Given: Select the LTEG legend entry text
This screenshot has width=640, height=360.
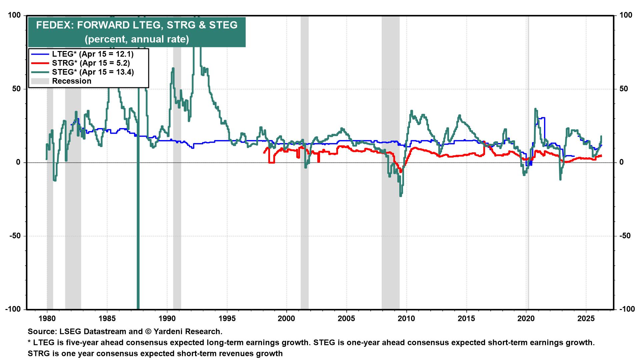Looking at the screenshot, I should click(x=93, y=54).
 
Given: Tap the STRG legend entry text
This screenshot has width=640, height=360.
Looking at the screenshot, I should click(x=91, y=63).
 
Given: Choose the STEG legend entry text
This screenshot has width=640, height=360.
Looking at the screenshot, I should click(x=93, y=72).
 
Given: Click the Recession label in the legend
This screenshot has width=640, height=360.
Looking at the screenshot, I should click(x=71, y=81).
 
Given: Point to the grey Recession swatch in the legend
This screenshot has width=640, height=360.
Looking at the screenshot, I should click(x=40, y=81).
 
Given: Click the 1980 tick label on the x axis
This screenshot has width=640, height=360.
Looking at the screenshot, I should click(x=47, y=318).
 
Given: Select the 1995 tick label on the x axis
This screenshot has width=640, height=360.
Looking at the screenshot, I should click(x=227, y=318).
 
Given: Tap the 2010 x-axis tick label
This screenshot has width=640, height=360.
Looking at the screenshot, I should click(x=407, y=318).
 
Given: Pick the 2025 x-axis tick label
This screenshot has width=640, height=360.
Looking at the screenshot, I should click(x=586, y=318).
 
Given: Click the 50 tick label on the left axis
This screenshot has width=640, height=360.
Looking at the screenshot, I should click(x=17, y=89).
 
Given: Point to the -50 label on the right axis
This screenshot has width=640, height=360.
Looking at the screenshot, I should click(x=625, y=236).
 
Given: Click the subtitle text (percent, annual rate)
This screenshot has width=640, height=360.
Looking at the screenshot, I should click(x=137, y=39).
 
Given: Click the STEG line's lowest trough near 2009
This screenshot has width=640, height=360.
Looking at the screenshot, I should click(x=401, y=196).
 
